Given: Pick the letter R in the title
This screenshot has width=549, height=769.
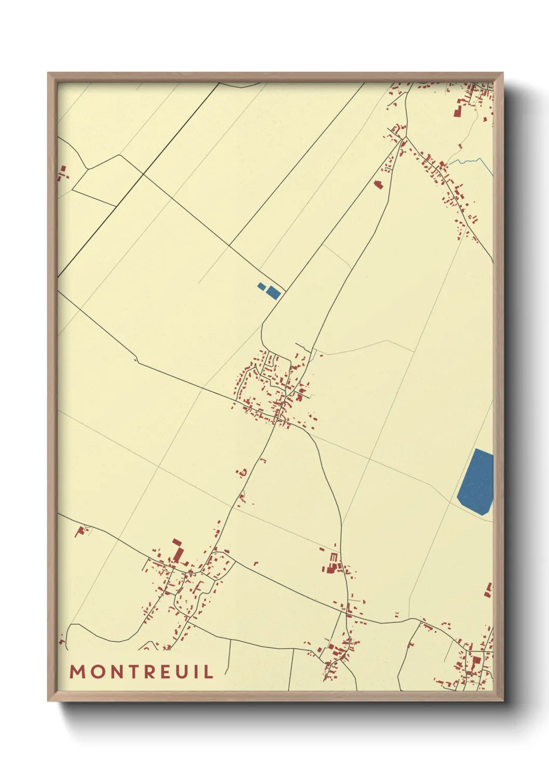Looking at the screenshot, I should point(149,671).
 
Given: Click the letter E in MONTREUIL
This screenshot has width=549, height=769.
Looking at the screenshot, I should point(166,671).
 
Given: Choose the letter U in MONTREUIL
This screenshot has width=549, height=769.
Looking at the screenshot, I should point(183,671).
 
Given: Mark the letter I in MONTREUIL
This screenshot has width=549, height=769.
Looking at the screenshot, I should point(197,671).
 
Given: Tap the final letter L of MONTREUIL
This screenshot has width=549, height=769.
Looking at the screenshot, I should point(208,671).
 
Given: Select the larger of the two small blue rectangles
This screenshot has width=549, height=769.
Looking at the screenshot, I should point(273,293).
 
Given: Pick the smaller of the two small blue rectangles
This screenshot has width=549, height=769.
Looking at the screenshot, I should point(262,286).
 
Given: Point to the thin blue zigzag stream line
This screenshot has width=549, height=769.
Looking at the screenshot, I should point(470,162).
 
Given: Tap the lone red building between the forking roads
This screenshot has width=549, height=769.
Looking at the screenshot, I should point(378,184).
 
